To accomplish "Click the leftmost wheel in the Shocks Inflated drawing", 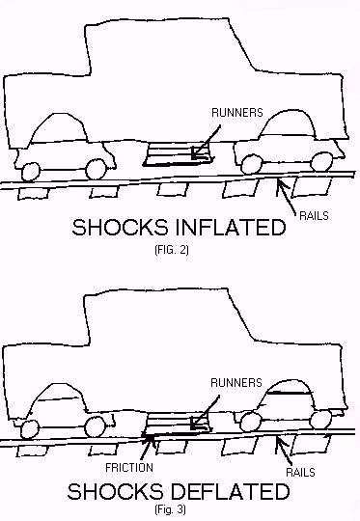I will [29, 171].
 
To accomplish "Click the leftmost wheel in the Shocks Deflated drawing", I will [29, 426].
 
